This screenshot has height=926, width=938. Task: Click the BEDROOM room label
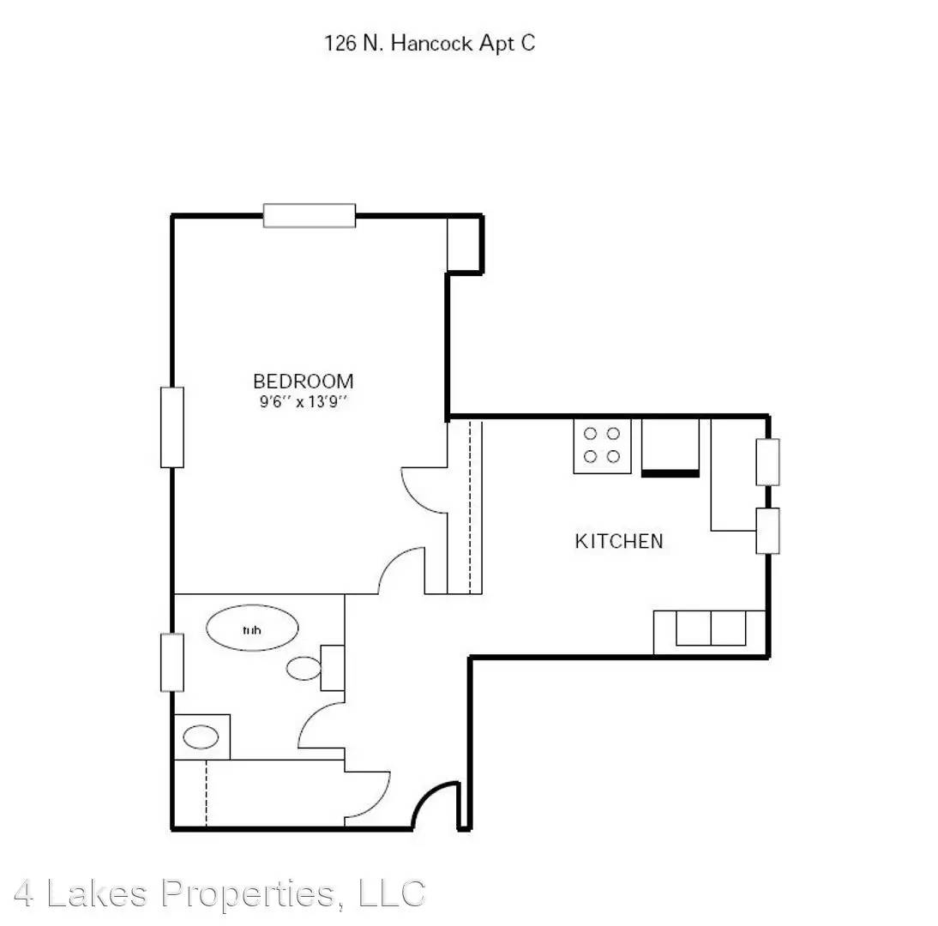pos(304,381)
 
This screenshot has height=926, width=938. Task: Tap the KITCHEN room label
pos(619,541)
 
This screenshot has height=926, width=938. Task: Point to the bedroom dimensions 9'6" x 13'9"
pos(304,401)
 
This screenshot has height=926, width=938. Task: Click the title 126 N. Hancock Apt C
pos(430,43)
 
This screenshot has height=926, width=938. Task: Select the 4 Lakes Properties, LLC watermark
pos(219,893)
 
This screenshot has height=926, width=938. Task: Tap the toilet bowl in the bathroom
pos(304,668)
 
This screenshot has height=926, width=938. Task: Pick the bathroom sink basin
pos(201,737)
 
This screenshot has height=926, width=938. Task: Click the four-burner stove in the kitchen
pos(602,446)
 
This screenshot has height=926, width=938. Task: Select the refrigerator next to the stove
pos(670,447)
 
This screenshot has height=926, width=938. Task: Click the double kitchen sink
pos(711,628)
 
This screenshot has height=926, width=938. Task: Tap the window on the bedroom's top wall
pos(310,216)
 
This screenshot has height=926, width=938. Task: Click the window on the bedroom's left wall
pos(172,427)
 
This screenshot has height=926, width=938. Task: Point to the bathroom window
pos(172,663)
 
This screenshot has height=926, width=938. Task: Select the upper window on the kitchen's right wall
pos(768,462)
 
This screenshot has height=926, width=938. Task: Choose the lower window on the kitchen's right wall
pos(768,532)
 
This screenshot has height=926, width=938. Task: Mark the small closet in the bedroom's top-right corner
pos(464,244)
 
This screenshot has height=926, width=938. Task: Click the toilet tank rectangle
pos(333,668)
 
